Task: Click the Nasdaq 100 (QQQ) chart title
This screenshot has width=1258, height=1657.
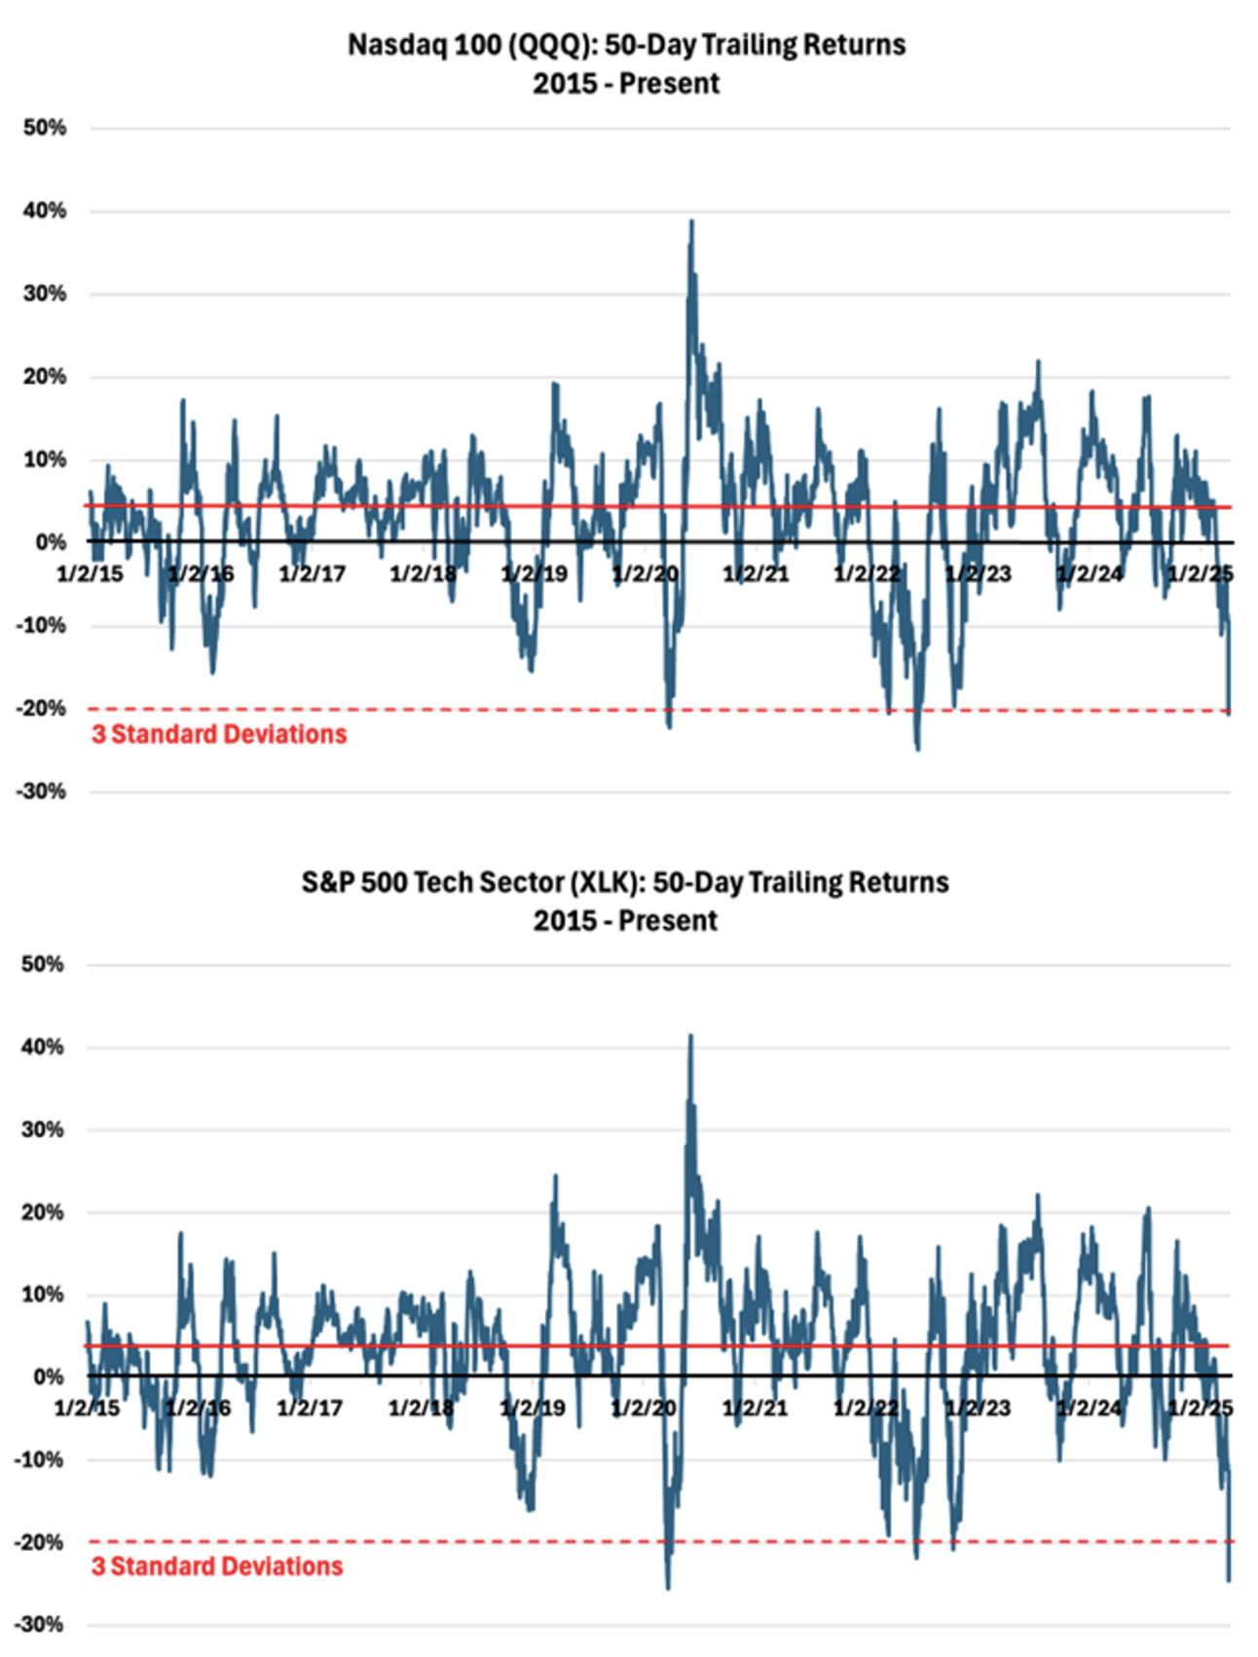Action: tap(626, 45)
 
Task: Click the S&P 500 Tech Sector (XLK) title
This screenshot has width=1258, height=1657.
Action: tap(625, 882)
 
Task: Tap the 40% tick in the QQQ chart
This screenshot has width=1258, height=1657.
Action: tap(46, 210)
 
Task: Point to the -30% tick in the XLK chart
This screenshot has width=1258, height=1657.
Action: tap(41, 1624)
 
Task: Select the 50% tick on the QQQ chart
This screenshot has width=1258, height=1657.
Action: tap(46, 128)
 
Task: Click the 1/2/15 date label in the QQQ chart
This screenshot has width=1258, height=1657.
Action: tap(90, 573)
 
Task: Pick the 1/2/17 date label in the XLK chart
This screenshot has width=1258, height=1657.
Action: tap(310, 1408)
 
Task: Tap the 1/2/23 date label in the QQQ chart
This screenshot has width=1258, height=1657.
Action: tap(978, 573)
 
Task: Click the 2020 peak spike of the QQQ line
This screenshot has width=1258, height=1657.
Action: tap(691, 222)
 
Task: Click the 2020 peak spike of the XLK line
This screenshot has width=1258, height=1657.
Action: tap(690, 1036)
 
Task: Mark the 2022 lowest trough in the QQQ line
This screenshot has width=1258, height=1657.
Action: tap(917, 748)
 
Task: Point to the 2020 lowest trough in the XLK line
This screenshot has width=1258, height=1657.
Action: tap(668, 1588)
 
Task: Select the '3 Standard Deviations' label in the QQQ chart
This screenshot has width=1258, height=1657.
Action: tap(219, 734)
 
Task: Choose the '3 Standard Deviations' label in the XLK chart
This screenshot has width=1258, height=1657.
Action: tap(217, 1566)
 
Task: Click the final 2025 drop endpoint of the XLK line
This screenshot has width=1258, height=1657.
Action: tap(1229, 1579)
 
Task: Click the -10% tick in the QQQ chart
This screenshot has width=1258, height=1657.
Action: tap(41, 625)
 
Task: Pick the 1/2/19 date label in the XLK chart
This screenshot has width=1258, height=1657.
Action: tap(533, 1408)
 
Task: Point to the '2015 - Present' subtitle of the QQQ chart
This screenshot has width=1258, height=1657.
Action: tap(626, 84)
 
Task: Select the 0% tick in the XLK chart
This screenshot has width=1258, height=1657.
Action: tap(50, 1377)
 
